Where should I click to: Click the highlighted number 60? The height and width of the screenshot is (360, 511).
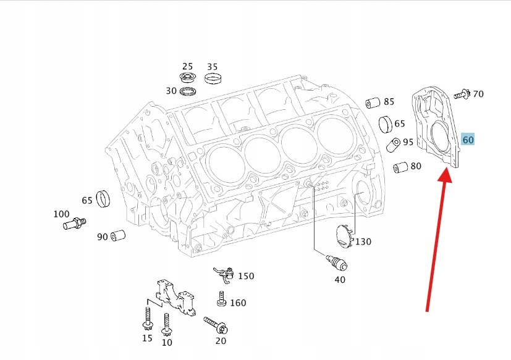(x=468, y=140)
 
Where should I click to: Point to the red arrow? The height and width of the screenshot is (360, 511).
(x=437, y=240)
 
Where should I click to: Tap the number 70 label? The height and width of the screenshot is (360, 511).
(x=478, y=94)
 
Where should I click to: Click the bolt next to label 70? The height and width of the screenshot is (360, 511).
(x=461, y=94)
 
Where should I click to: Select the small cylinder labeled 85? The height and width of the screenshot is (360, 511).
(x=373, y=102)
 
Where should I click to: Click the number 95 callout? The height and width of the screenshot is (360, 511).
(x=408, y=142)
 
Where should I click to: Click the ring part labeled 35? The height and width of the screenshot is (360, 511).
(x=213, y=78)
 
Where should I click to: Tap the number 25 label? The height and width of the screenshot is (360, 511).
(x=187, y=67)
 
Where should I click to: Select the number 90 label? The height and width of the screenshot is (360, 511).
(x=102, y=237)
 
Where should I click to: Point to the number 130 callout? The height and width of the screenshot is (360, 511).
(x=363, y=241)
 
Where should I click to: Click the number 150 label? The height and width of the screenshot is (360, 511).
(x=246, y=276)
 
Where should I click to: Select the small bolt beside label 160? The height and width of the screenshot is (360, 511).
(x=221, y=300)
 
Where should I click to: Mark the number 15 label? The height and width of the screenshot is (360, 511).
(x=147, y=338)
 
